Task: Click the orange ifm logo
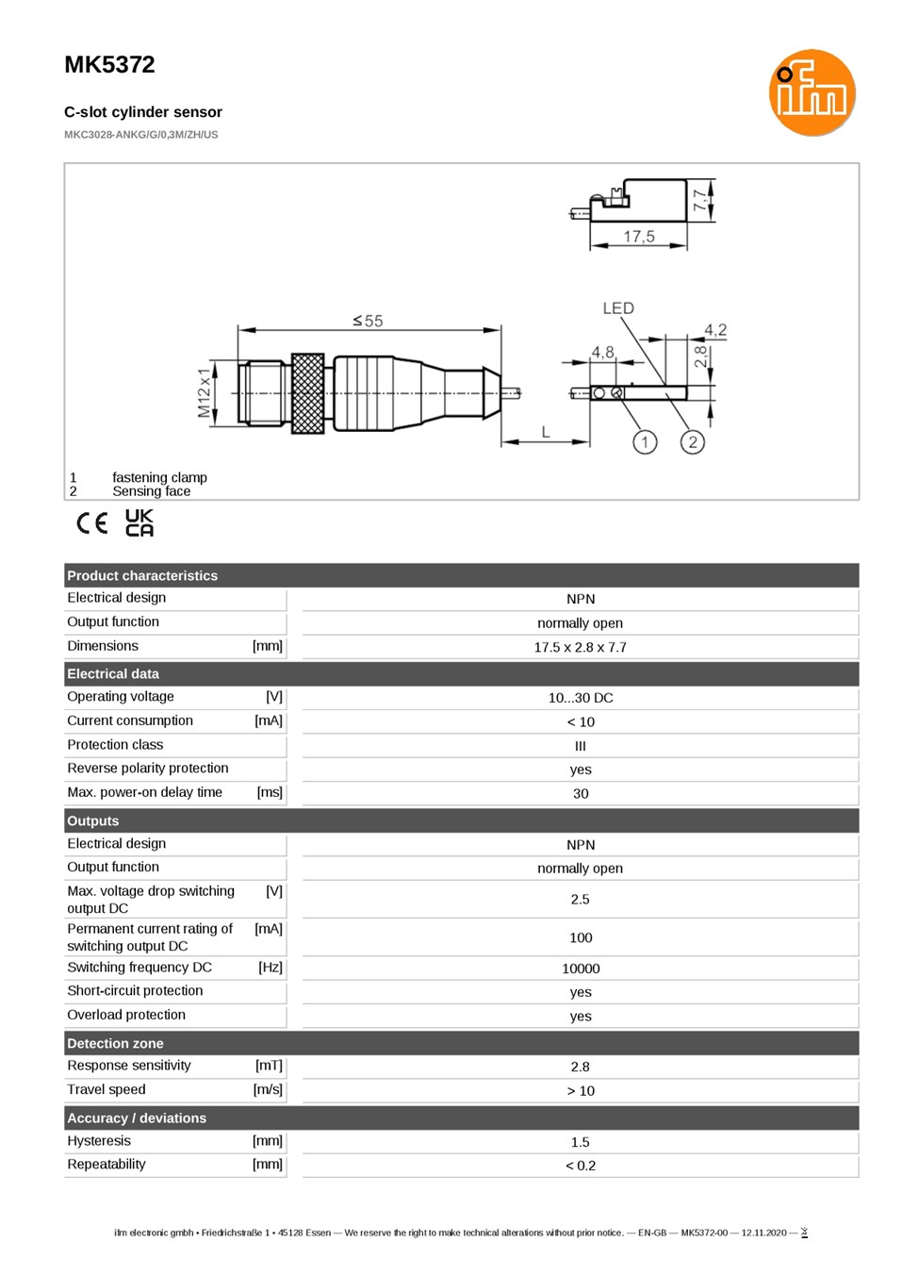(x=812, y=92)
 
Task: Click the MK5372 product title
(x=109, y=65)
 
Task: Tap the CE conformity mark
(x=92, y=523)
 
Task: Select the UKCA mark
(x=139, y=523)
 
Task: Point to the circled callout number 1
(x=645, y=441)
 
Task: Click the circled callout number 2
(x=693, y=441)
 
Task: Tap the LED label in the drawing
(x=618, y=308)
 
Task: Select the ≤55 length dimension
(x=368, y=321)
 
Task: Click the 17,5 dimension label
(x=639, y=236)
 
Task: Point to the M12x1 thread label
(x=204, y=392)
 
